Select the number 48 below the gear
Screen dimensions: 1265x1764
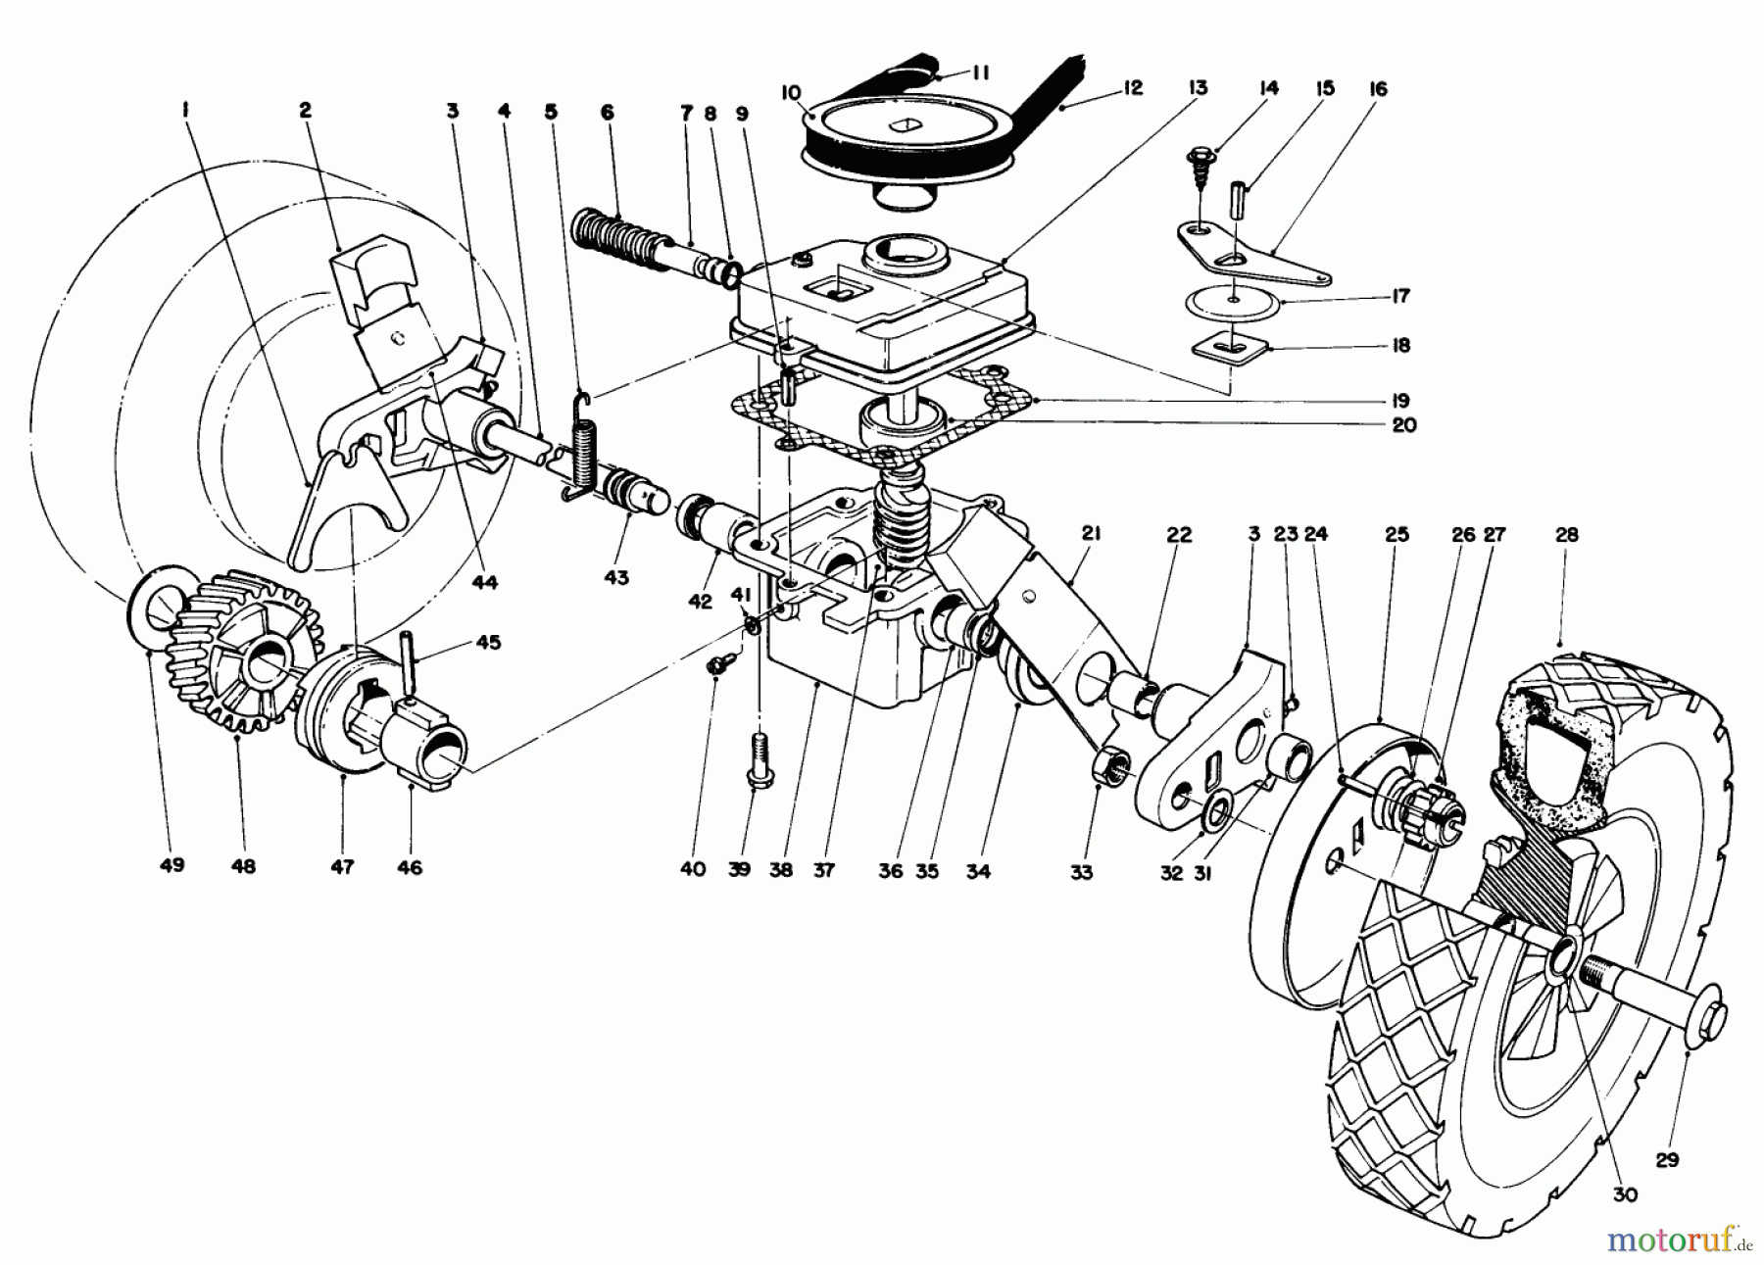point(243,866)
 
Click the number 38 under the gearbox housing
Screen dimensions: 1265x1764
point(781,869)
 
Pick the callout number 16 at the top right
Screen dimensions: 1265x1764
point(1378,89)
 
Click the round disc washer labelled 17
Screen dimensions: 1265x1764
point(1234,302)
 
